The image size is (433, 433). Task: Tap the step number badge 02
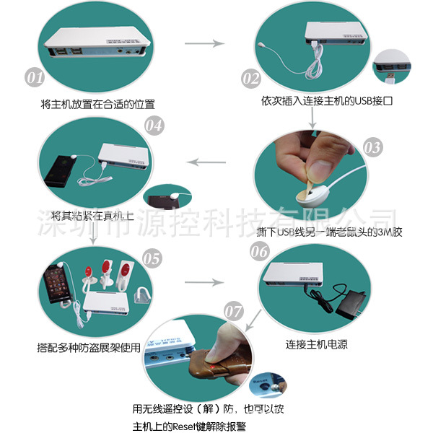click(250, 77)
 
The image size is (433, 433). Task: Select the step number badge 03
click(372, 148)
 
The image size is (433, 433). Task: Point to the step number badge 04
click(154, 124)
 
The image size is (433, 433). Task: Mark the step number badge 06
click(260, 250)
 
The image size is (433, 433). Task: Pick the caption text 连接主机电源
click(316, 344)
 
